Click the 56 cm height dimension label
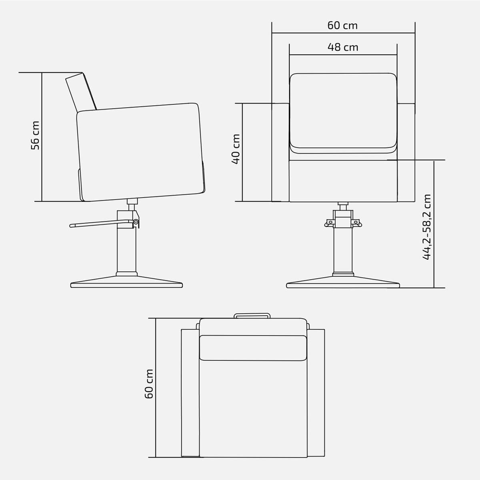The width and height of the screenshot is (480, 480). [x=35, y=136]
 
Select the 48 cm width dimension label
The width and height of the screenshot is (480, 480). [x=343, y=47]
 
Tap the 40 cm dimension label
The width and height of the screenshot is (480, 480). [x=236, y=149]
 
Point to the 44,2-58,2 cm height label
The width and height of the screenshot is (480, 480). [x=426, y=227]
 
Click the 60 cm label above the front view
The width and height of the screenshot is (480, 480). [x=342, y=26]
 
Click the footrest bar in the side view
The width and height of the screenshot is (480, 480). [x=102, y=224]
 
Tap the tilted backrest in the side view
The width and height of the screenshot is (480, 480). [x=81, y=92]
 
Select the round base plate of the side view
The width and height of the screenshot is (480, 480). [x=126, y=283]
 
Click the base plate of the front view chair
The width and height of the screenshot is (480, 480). [x=343, y=283]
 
